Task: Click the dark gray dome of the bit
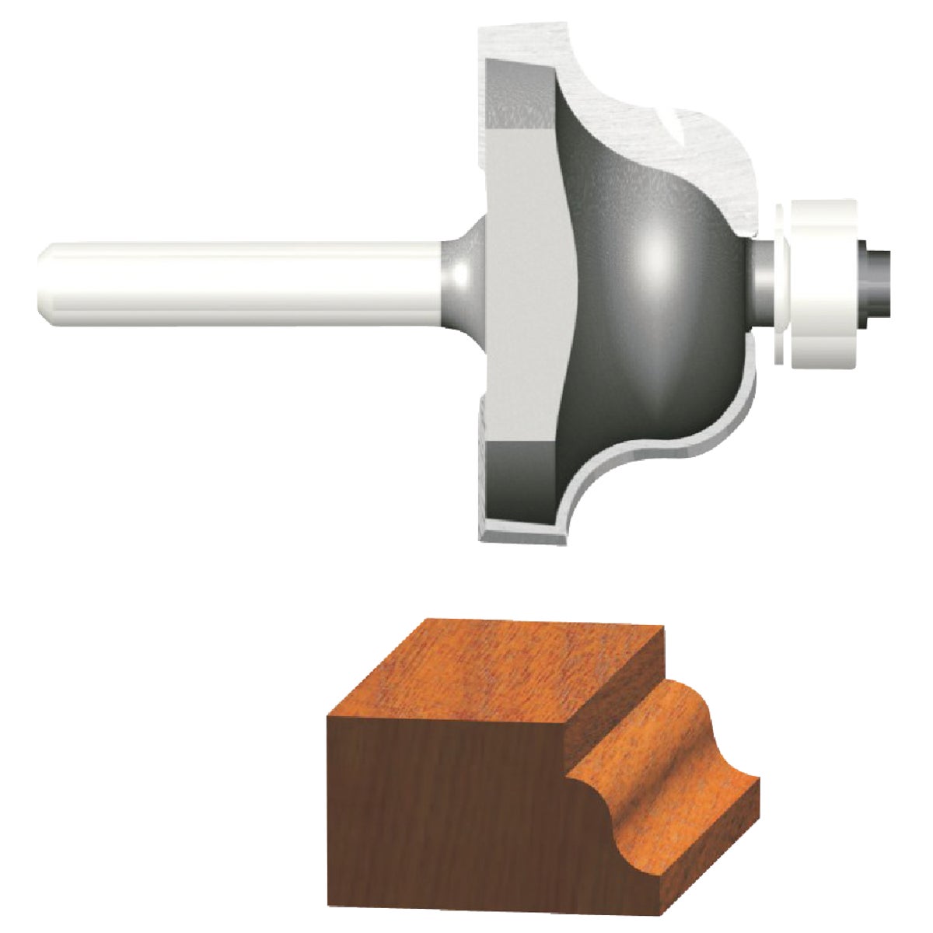661,327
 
